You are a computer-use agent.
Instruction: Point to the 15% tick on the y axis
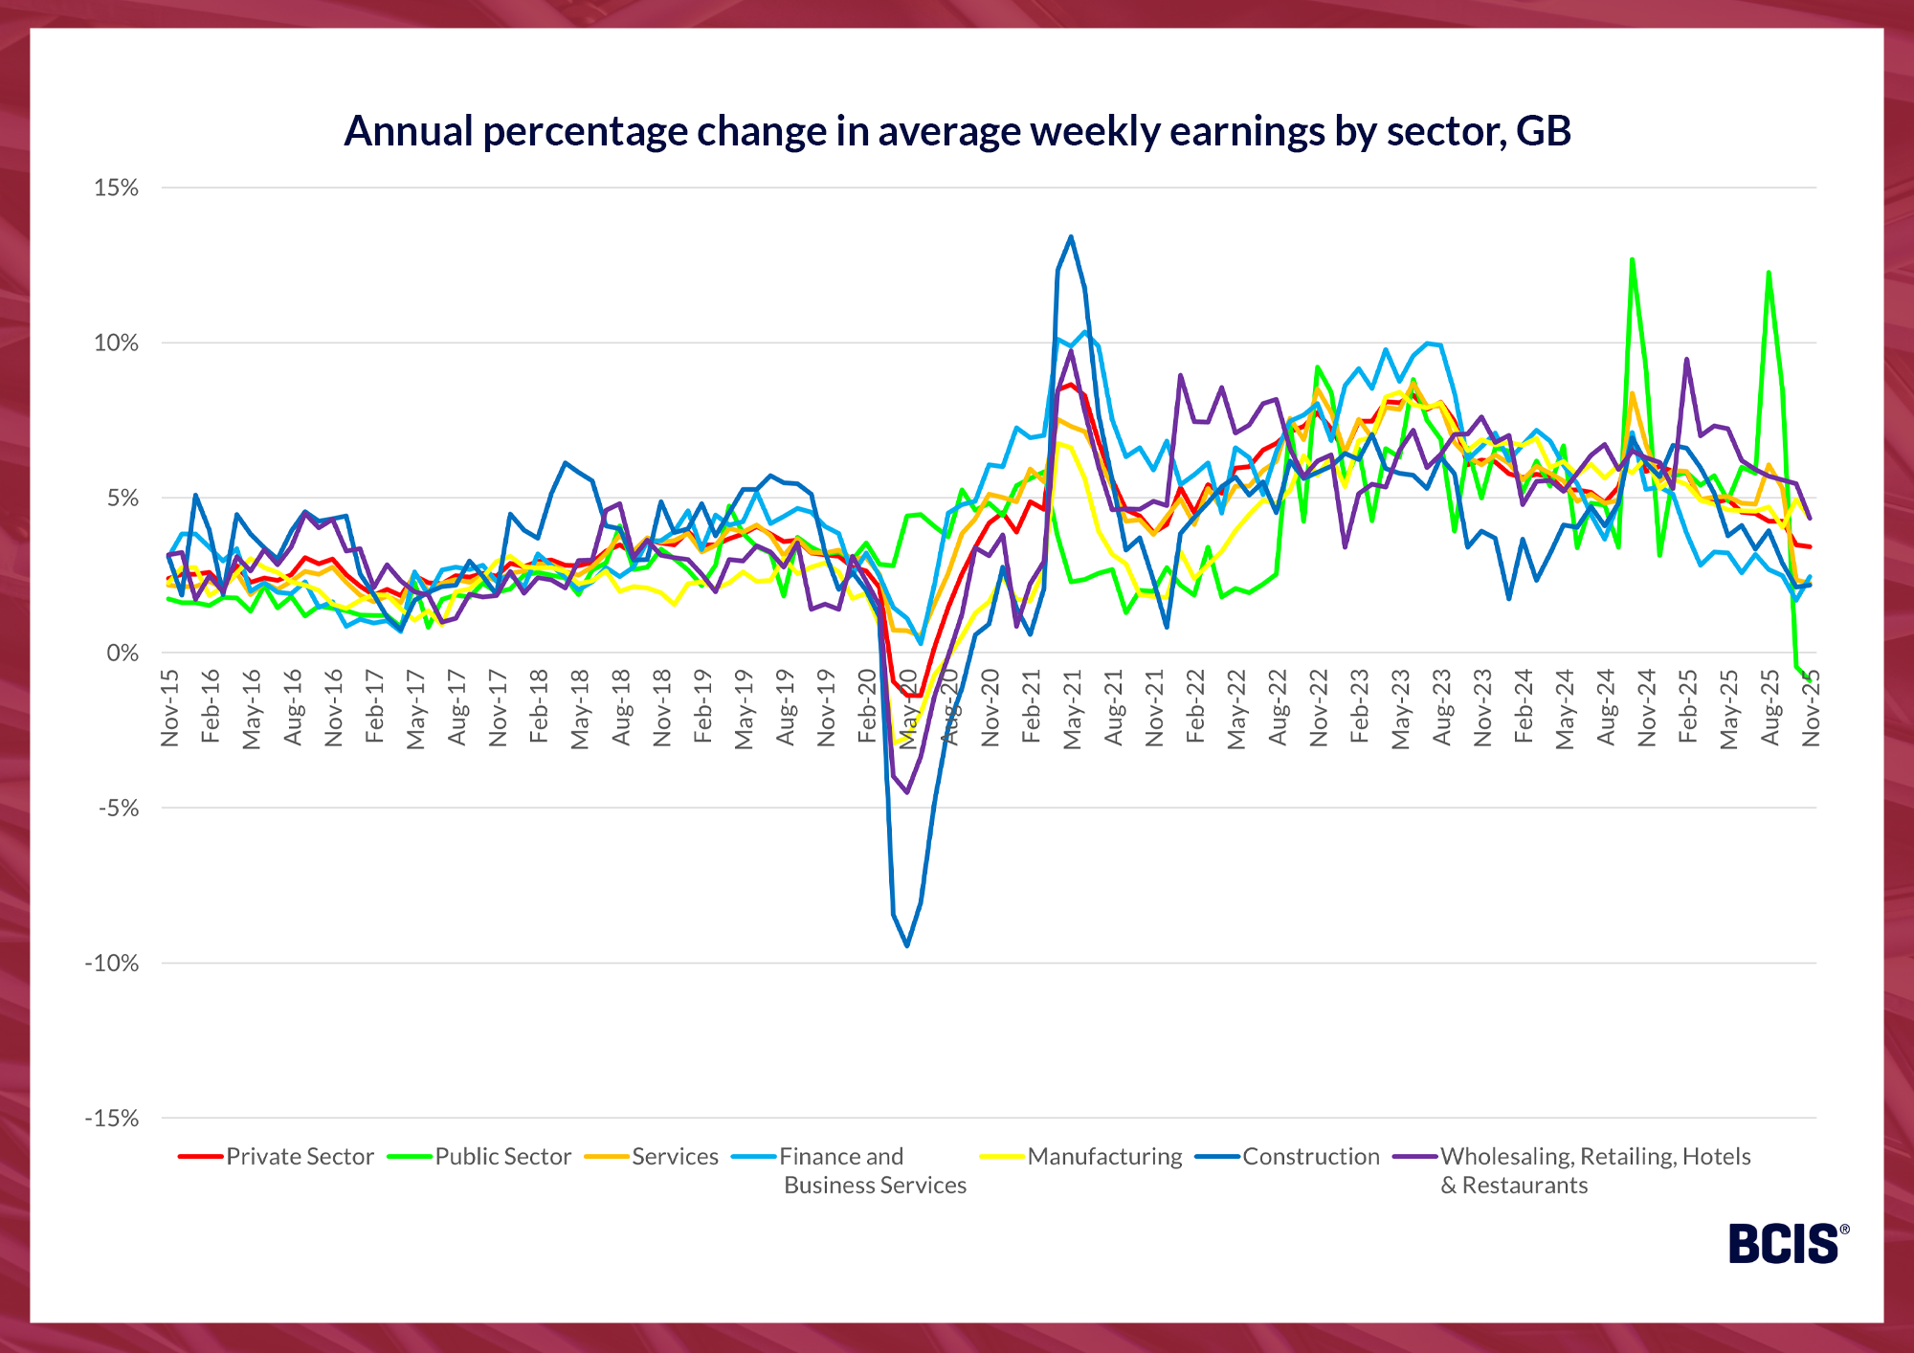point(116,188)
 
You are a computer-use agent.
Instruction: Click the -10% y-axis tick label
point(112,964)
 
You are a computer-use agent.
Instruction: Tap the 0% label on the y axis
point(122,654)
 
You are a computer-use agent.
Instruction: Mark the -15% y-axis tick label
point(112,1119)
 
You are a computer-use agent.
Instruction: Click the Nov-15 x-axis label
point(170,708)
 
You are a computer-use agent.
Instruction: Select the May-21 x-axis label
point(1073,708)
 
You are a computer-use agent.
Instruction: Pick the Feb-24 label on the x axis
point(1524,708)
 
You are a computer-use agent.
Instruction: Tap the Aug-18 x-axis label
point(622,708)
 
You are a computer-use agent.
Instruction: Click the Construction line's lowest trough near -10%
point(906,945)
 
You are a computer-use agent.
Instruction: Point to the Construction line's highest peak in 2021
point(1071,236)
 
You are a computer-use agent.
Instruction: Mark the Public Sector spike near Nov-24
point(1632,259)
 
